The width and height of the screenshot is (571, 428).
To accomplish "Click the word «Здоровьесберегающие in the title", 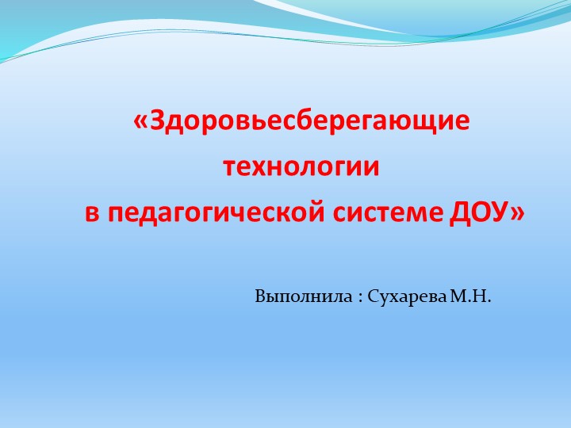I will [302, 123].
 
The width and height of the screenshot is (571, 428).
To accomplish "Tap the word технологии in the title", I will [301, 168].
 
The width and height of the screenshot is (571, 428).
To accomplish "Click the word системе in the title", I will [389, 212].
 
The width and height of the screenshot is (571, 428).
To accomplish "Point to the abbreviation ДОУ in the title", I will [480, 212].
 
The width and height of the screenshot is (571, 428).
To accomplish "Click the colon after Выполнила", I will [359, 300].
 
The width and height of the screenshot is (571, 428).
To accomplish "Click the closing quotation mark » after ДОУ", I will [518, 213].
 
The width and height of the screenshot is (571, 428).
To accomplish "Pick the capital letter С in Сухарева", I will [374, 298].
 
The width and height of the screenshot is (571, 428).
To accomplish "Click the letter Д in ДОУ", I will [460, 212].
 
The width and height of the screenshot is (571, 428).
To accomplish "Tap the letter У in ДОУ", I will [501, 212].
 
